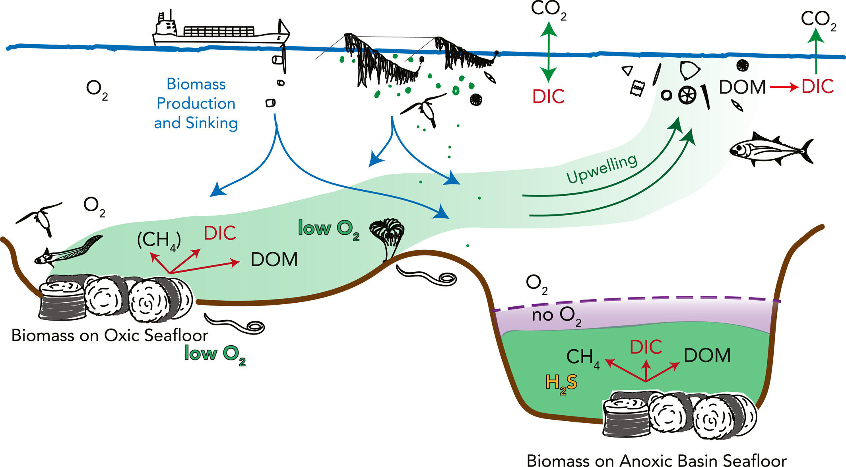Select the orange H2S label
(561, 383)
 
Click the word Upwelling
(602, 169)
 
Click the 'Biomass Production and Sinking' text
(196, 103)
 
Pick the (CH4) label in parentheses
(159, 240)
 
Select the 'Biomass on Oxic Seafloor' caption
(109, 335)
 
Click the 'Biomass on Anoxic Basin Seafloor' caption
(656, 460)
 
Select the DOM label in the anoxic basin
(707, 355)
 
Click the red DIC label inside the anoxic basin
(646, 347)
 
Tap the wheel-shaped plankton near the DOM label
(687, 95)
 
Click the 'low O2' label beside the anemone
(328, 229)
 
